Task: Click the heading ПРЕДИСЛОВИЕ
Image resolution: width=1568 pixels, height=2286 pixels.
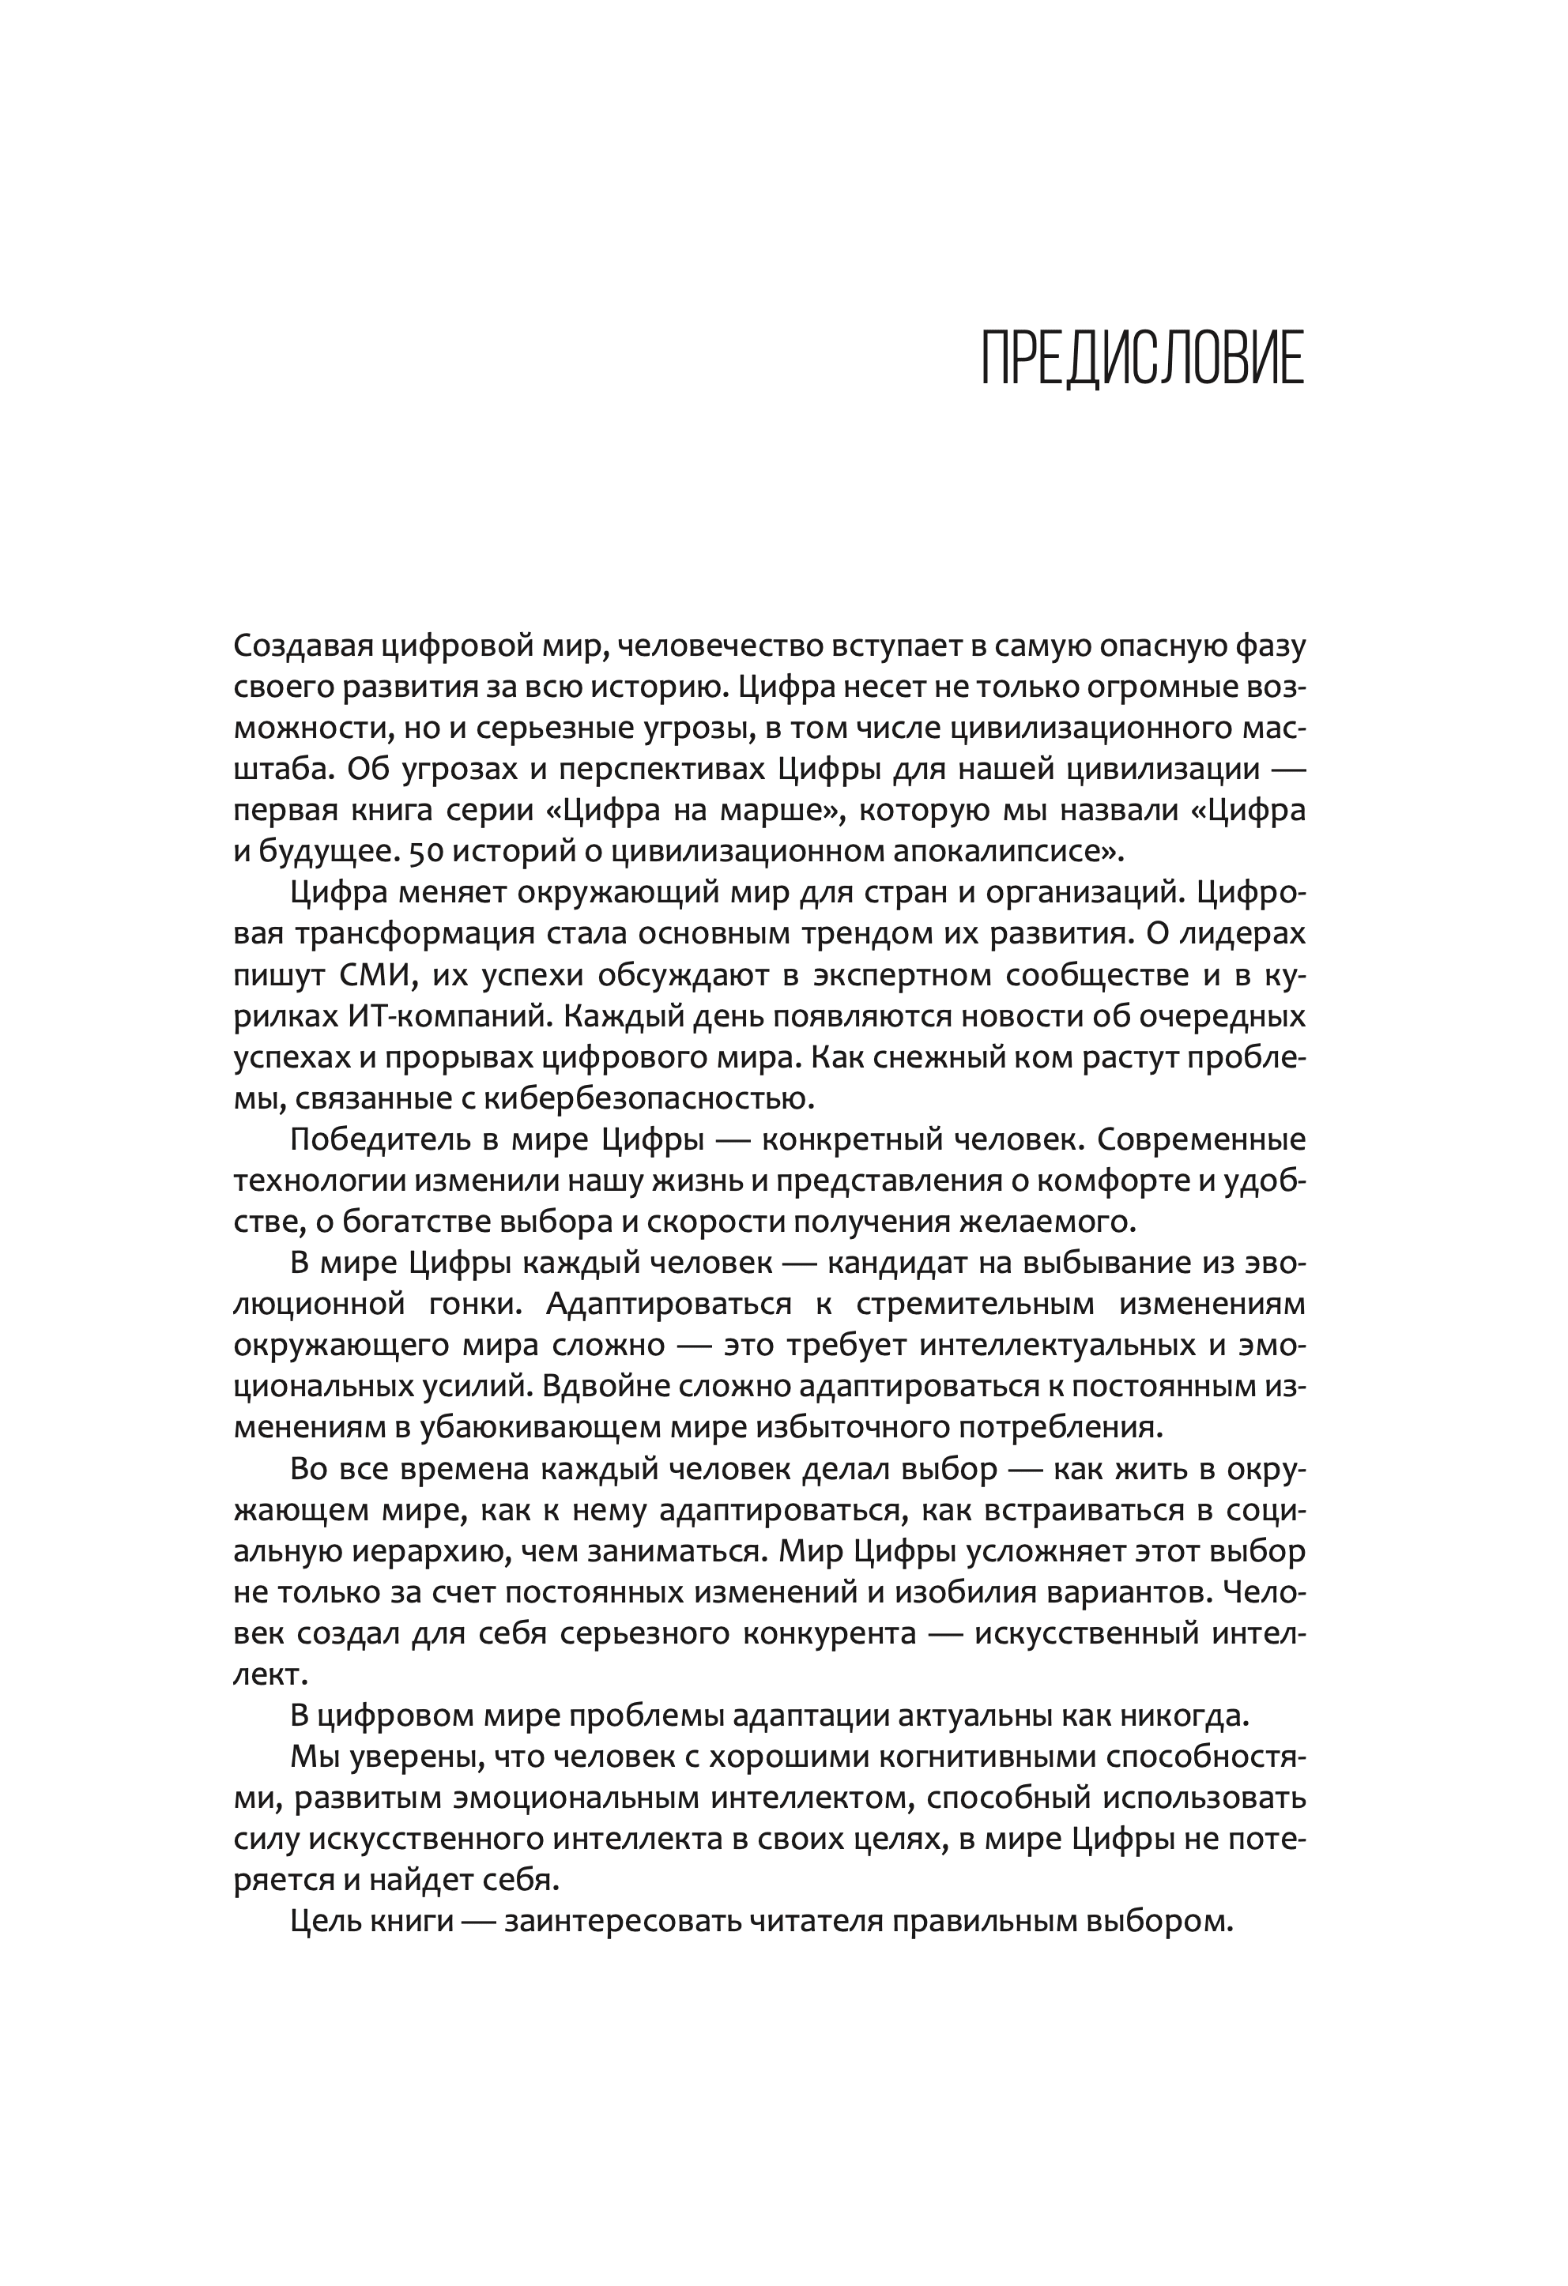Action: click(1142, 359)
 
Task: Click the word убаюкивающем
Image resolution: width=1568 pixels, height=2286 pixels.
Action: click(571, 1426)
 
